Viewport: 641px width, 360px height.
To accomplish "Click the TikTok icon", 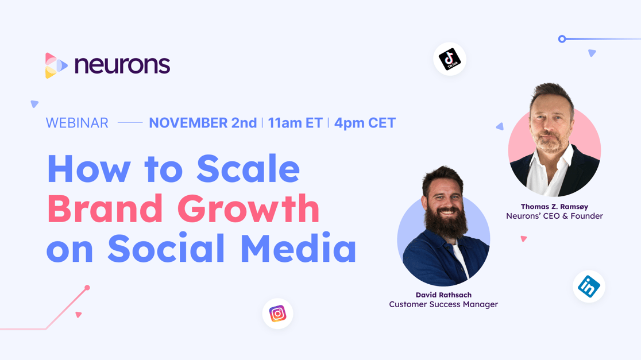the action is (x=450, y=59).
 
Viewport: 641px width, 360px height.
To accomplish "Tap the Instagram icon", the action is (x=277, y=314).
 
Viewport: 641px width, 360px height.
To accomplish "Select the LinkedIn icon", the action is (x=589, y=287).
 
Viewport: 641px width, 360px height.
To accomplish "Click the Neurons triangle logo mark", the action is (x=56, y=65).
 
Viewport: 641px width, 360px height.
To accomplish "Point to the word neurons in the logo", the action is (x=122, y=64).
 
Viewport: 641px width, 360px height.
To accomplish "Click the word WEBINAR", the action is (x=77, y=123).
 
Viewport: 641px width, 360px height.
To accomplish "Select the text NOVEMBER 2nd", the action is (x=203, y=123).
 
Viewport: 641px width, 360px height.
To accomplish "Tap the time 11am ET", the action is (x=295, y=123).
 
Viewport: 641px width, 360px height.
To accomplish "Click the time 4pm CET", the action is (x=365, y=123).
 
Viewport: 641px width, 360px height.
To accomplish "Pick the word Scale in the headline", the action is (x=248, y=168).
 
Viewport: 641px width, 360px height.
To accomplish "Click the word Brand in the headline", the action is (x=106, y=208).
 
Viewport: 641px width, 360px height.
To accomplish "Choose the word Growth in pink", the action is (x=248, y=208).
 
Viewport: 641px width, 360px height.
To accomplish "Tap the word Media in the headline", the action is (x=299, y=247).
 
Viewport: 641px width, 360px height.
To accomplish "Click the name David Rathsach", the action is (x=443, y=295).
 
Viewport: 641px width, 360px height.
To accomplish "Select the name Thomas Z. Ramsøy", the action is (x=554, y=207).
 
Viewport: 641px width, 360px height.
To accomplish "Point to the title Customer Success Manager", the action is (x=443, y=304).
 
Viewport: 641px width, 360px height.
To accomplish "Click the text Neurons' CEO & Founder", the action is (x=554, y=216).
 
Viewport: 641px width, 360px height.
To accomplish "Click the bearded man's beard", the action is (x=446, y=223).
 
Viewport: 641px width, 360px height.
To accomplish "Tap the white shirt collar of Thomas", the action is (x=548, y=168).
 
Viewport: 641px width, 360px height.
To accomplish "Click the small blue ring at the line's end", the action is (x=562, y=39).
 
